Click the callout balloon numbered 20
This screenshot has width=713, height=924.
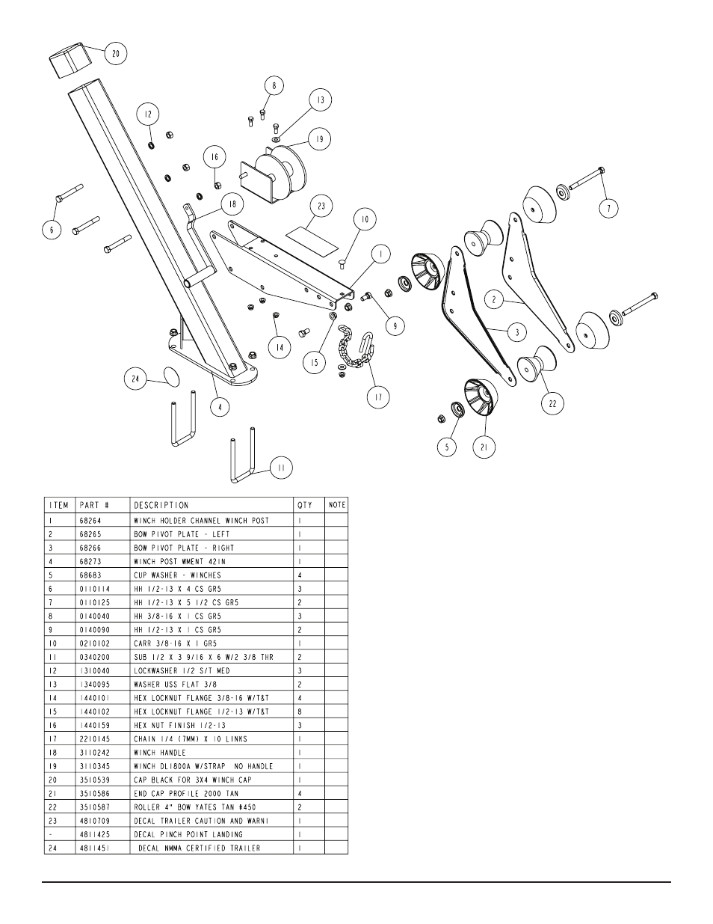point(116,54)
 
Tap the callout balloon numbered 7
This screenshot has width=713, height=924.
point(608,208)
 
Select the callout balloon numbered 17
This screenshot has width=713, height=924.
point(378,397)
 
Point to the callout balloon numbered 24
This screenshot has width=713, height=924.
point(135,379)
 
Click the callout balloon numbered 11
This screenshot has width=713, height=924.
point(281,468)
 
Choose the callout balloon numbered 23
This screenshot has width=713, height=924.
point(321,206)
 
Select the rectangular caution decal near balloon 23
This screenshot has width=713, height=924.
point(312,242)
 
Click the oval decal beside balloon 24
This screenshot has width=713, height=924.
point(171,377)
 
